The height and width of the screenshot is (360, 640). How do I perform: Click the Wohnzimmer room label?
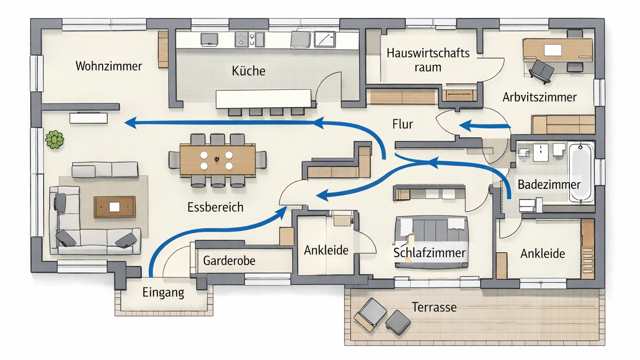pos(109,66)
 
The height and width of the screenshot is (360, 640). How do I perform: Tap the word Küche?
pos(248,71)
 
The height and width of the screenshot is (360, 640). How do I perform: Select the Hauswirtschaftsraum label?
pos(428,60)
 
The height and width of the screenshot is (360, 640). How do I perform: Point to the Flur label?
pos(402,124)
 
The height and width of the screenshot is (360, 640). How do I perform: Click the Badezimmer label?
pos(549,184)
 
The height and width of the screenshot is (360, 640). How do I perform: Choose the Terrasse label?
pos(434,307)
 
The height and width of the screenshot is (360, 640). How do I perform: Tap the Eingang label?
pos(163,292)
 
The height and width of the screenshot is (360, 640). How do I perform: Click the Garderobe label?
pos(229,261)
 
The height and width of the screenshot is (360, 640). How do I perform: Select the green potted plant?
pos(55,140)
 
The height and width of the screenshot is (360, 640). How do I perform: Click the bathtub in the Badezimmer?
pos(581,173)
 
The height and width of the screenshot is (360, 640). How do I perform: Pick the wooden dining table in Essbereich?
pos(217,160)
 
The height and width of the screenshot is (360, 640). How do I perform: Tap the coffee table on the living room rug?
pos(114,207)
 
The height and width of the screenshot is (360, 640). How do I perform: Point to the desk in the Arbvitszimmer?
pos(557,50)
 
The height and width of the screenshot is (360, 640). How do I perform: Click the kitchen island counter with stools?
pos(263,99)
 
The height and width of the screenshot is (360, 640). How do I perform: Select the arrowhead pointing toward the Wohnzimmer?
pos(130,123)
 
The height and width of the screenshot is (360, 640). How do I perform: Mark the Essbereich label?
pos(215,207)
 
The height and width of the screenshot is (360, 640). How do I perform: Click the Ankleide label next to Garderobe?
pos(326,250)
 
